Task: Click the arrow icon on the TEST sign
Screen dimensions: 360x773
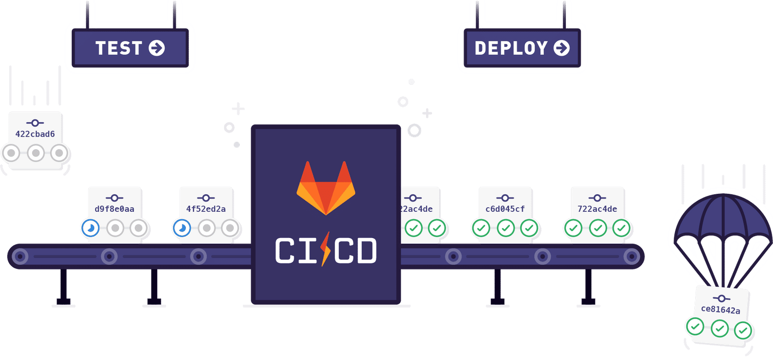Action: click(x=156, y=48)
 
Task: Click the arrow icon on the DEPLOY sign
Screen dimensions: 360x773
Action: click(x=561, y=48)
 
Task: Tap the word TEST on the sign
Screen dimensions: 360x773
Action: click(x=119, y=48)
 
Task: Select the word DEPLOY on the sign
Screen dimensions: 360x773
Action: click(x=511, y=48)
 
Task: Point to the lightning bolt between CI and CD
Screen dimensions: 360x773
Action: click(x=326, y=249)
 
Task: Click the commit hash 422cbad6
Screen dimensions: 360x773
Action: click(x=35, y=134)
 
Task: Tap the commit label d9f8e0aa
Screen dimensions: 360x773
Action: click(x=115, y=209)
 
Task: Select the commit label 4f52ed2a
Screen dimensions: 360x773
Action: click(x=206, y=209)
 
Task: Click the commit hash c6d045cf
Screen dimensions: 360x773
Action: click(x=505, y=209)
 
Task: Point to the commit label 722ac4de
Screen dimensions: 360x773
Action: click(x=597, y=209)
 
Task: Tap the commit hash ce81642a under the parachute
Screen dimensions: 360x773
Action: click(x=721, y=310)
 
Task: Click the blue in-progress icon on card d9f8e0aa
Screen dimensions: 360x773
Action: click(x=91, y=228)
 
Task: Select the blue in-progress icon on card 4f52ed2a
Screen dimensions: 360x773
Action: click(x=182, y=228)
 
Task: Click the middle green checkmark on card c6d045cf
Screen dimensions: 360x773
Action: click(x=506, y=228)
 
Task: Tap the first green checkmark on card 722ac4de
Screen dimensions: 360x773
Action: click(x=574, y=228)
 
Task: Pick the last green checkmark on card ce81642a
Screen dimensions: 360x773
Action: click(x=743, y=330)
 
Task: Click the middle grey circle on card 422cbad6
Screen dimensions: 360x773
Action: click(x=35, y=153)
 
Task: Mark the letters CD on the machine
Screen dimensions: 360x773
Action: click(x=356, y=251)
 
